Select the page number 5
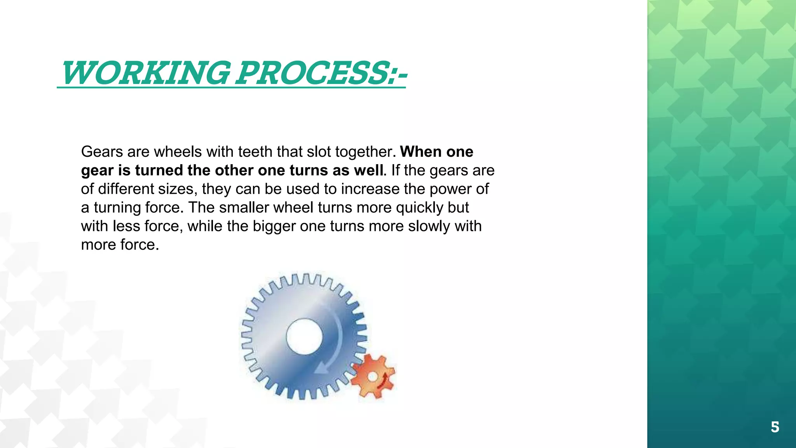click(x=775, y=427)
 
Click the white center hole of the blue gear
click(x=304, y=337)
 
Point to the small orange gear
click(x=372, y=376)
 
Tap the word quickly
click(x=419, y=208)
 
